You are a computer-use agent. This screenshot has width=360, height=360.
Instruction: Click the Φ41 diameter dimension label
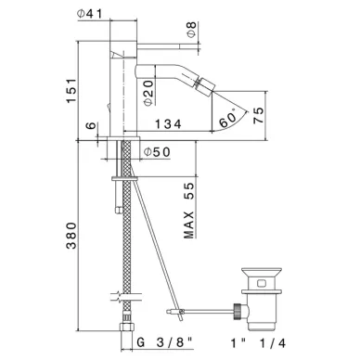click(89, 14)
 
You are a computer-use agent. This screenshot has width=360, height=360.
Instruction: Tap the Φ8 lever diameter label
click(192, 30)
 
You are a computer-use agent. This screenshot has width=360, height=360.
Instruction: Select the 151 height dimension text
click(71, 91)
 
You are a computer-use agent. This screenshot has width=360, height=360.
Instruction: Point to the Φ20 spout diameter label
click(148, 93)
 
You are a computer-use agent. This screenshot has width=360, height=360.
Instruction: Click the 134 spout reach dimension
click(168, 124)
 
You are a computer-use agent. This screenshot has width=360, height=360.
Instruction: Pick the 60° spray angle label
click(227, 118)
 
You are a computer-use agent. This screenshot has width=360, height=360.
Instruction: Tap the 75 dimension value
click(259, 115)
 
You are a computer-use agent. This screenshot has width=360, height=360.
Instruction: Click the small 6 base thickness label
click(91, 126)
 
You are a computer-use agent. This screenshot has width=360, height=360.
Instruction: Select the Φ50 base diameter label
click(157, 152)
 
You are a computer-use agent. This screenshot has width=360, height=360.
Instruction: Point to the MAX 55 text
click(188, 211)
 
